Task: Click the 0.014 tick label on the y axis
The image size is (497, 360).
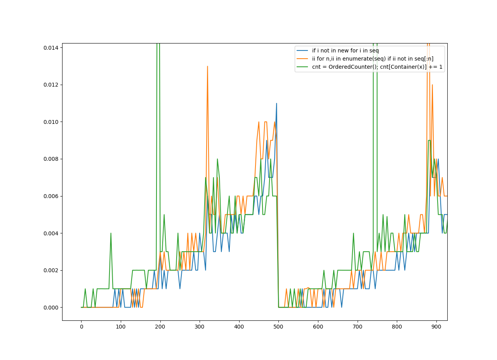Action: coord(51,48)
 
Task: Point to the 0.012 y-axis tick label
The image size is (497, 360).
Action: coord(51,85)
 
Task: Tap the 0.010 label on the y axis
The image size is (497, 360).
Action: coord(51,122)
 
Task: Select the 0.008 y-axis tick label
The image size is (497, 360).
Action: coord(51,159)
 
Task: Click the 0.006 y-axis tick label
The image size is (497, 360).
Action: coord(51,196)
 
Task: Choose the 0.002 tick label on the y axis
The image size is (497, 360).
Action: coord(51,271)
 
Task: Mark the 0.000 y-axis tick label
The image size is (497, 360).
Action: coord(51,308)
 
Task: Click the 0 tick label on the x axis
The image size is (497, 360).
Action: coord(82,327)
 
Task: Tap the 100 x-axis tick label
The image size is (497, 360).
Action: coord(121,327)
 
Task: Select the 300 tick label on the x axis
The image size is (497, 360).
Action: coord(200,327)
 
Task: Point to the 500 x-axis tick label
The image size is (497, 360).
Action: coord(278,327)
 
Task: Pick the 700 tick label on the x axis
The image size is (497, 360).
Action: coord(358,327)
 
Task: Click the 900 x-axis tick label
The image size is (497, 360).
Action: coord(436,327)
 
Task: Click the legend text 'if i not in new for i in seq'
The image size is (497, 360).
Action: coord(346,50)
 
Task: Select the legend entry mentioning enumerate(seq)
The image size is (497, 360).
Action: coord(373,59)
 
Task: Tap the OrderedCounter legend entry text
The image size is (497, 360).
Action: coord(377,67)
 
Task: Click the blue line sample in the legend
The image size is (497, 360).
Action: coord(302,50)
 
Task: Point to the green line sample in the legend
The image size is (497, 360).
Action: coord(302,67)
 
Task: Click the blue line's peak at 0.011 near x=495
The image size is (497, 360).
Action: coord(276,103)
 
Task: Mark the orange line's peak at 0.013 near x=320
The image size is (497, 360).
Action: coord(207,66)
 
